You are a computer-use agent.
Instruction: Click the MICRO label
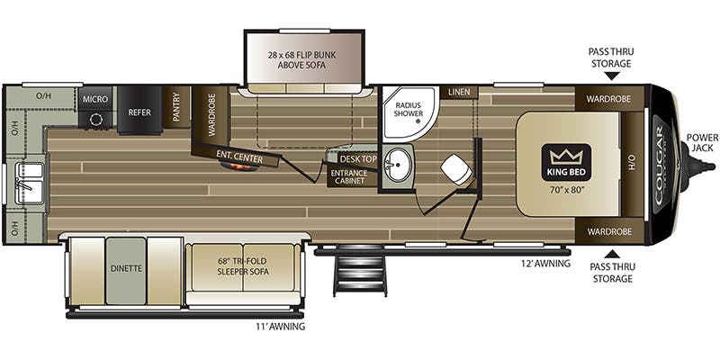pos(94,98)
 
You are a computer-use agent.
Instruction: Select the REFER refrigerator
pos(139,112)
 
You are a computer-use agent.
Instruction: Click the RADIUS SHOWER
pos(409,116)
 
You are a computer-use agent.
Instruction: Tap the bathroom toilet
pos(458,170)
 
